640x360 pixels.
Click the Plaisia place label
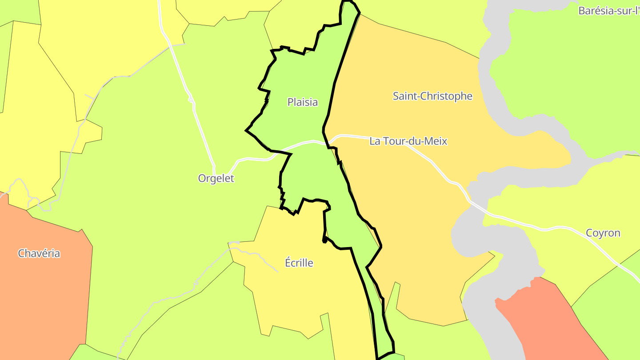tap(303, 102)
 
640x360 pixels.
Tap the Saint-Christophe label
tap(432, 96)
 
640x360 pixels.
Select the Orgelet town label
tap(216, 179)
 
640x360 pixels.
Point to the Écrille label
tap(299, 263)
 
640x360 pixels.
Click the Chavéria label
tap(39, 253)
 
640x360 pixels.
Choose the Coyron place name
tap(603, 233)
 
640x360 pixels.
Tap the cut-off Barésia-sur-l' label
tap(608, 11)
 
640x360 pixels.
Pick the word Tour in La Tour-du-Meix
tap(393, 141)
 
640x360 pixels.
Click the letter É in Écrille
tap(288, 262)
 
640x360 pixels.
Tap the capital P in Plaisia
tap(290, 102)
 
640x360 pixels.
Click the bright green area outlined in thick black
tap(302, 80)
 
